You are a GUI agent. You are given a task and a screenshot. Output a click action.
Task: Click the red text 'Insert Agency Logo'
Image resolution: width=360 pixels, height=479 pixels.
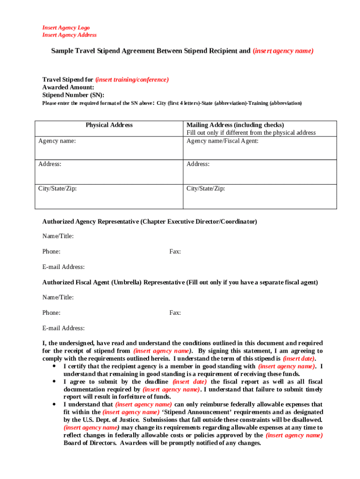point(66,28)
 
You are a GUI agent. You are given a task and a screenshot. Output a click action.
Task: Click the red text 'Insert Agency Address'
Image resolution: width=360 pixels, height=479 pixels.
point(70,35)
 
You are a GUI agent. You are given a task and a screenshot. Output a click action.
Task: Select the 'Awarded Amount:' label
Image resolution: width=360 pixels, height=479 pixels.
point(68,87)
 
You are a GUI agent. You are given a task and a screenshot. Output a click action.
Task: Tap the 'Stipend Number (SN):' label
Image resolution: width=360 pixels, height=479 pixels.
point(73,94)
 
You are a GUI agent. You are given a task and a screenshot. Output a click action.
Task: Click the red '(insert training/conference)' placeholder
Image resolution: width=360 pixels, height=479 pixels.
point(132,80)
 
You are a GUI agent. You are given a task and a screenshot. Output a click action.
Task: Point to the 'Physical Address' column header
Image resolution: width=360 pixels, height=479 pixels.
point(109,125)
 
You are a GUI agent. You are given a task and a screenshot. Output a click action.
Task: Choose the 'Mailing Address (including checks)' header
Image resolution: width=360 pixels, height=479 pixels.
point(235,125)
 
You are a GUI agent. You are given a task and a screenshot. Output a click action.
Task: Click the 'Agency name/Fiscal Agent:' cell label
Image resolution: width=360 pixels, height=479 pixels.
point(223,140)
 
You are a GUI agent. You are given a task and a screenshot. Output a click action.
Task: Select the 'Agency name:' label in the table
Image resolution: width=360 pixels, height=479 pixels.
point(57,140)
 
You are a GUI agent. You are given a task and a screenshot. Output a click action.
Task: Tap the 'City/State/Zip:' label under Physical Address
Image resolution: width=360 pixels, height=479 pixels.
point(58,189)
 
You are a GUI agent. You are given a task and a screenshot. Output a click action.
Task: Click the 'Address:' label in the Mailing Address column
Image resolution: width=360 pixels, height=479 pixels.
point(198,164)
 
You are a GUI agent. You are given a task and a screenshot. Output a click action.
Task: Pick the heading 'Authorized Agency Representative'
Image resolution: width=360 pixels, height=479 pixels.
point(90,221)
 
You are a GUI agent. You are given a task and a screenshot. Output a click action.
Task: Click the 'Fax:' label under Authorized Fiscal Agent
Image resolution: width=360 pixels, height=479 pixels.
point(175,312)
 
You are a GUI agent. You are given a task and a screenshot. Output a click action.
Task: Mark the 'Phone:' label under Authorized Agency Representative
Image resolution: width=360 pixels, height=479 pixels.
point(51,252)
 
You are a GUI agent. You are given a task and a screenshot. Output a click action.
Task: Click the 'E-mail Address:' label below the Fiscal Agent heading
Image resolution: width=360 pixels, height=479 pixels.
point(64,328)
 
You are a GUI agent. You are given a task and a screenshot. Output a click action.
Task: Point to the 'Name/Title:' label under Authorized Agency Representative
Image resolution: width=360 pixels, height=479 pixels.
point(58,236)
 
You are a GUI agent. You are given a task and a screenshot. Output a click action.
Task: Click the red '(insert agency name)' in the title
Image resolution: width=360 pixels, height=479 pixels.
point(283,51)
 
